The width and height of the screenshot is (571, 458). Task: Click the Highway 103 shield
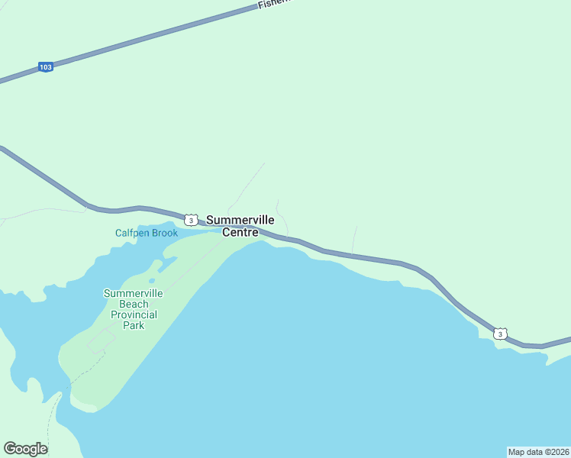46,67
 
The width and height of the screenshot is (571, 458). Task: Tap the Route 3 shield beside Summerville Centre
191,220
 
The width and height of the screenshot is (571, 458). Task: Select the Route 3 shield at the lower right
499,334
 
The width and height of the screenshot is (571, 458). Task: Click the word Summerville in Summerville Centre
240,220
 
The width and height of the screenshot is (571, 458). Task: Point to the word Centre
240,232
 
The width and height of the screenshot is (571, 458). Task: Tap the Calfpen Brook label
147,233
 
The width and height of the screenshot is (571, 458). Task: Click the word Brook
165,233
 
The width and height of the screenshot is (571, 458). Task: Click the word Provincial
134,314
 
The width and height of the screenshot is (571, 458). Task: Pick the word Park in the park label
134,325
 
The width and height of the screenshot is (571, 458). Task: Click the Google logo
26,449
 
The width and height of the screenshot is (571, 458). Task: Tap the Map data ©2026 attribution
538,452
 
